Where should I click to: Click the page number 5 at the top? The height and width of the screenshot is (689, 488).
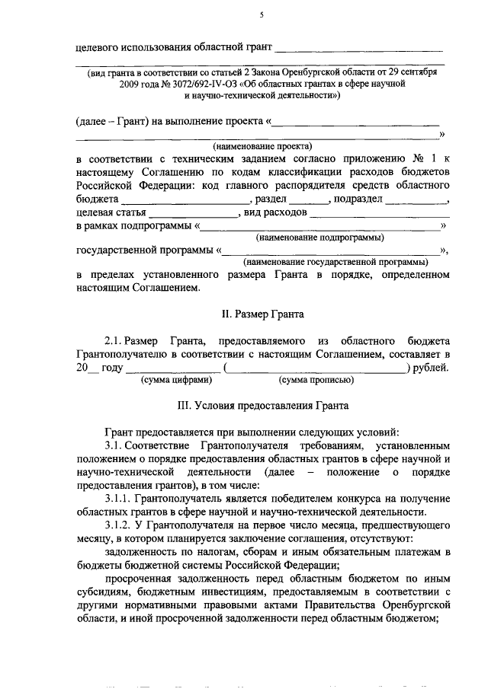point(260,14)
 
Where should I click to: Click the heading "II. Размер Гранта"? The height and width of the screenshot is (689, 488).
point(260,314)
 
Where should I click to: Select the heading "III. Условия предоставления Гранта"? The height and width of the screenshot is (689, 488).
point(260,405)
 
